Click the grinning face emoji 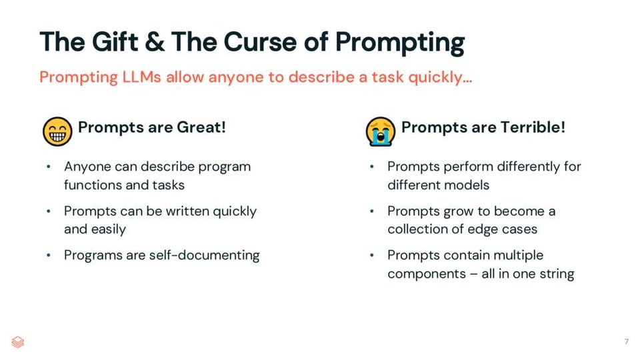57,131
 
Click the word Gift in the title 114,42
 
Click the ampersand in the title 155,42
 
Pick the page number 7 626,342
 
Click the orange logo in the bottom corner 18,342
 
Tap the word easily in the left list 108,229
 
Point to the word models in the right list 467,185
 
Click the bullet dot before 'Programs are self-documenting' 49,255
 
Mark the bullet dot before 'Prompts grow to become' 373,211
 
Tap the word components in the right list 426,273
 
